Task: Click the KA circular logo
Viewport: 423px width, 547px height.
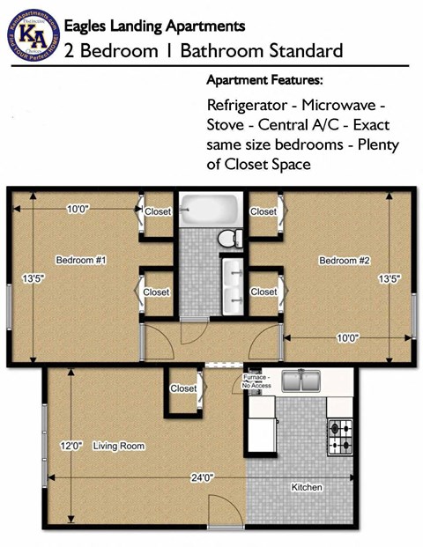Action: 33,33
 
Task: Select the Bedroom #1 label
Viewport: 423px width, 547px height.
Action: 81,261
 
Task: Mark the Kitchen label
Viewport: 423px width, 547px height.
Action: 307,487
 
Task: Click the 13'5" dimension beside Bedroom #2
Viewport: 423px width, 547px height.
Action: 390,279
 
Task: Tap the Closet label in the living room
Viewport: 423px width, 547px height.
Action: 183,388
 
